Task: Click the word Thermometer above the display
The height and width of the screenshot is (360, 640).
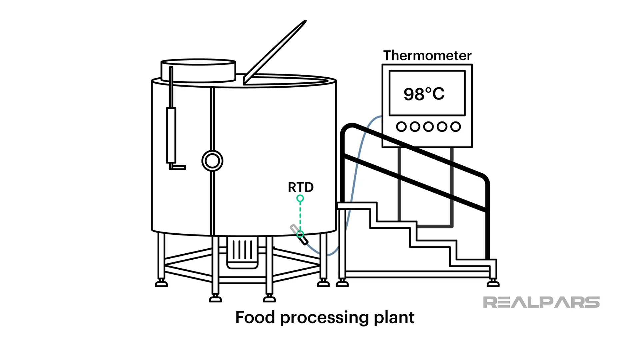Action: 427,56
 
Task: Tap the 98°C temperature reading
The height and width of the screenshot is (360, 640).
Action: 424,94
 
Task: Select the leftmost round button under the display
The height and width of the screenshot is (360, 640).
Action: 401,127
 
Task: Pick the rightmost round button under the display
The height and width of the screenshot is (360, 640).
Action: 455,127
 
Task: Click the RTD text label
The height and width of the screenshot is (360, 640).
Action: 301,187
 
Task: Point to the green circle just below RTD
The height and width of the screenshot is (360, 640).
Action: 300,199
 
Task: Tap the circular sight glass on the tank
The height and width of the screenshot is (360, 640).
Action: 212,161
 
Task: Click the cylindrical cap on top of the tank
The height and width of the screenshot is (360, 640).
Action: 198,71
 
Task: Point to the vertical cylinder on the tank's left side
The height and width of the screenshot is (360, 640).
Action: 171,135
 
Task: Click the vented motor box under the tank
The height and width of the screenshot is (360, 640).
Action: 242,253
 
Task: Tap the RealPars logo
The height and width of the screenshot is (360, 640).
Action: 541,302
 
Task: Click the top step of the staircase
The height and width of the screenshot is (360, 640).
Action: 357,205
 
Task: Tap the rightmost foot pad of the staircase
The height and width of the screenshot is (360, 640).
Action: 493,284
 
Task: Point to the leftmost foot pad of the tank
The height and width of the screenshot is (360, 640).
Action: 161,284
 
